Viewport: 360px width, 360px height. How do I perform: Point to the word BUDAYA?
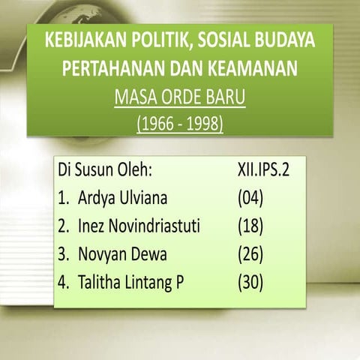(x=286, y=40)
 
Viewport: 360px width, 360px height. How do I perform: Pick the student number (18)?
(x=250, y=226)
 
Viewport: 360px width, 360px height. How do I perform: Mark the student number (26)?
(x=250, y=255)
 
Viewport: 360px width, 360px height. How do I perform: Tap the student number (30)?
(x=250, y=283)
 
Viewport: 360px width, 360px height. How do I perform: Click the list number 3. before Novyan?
(x=64, y=255)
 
